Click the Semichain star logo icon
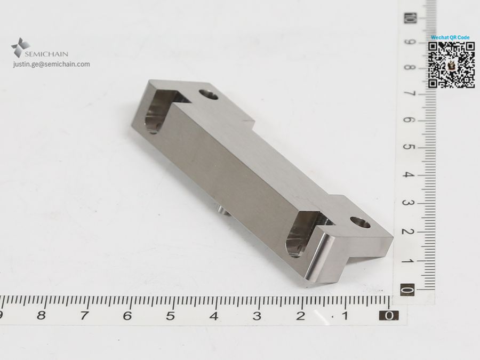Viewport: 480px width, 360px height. [20, 47]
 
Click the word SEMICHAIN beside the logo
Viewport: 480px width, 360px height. [46, 54]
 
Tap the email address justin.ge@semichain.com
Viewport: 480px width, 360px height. [51, 65]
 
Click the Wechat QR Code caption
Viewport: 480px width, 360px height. [450, 37]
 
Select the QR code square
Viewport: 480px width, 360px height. [451, 65]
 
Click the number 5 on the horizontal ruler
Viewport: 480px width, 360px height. [171, 316]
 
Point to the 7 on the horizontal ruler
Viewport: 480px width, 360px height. [84, 316]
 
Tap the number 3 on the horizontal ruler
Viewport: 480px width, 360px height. [257, 316]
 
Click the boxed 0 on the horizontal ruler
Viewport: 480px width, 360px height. [389, 316]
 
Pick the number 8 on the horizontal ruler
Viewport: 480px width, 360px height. [41, 315]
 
